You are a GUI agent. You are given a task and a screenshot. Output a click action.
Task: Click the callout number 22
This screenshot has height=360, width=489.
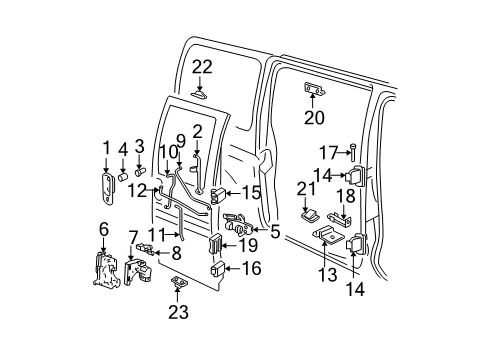[202, 66]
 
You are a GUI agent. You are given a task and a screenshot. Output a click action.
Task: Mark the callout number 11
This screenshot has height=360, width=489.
[152, 234]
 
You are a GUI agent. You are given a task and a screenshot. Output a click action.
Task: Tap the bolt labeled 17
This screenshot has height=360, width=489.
[353, 151]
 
